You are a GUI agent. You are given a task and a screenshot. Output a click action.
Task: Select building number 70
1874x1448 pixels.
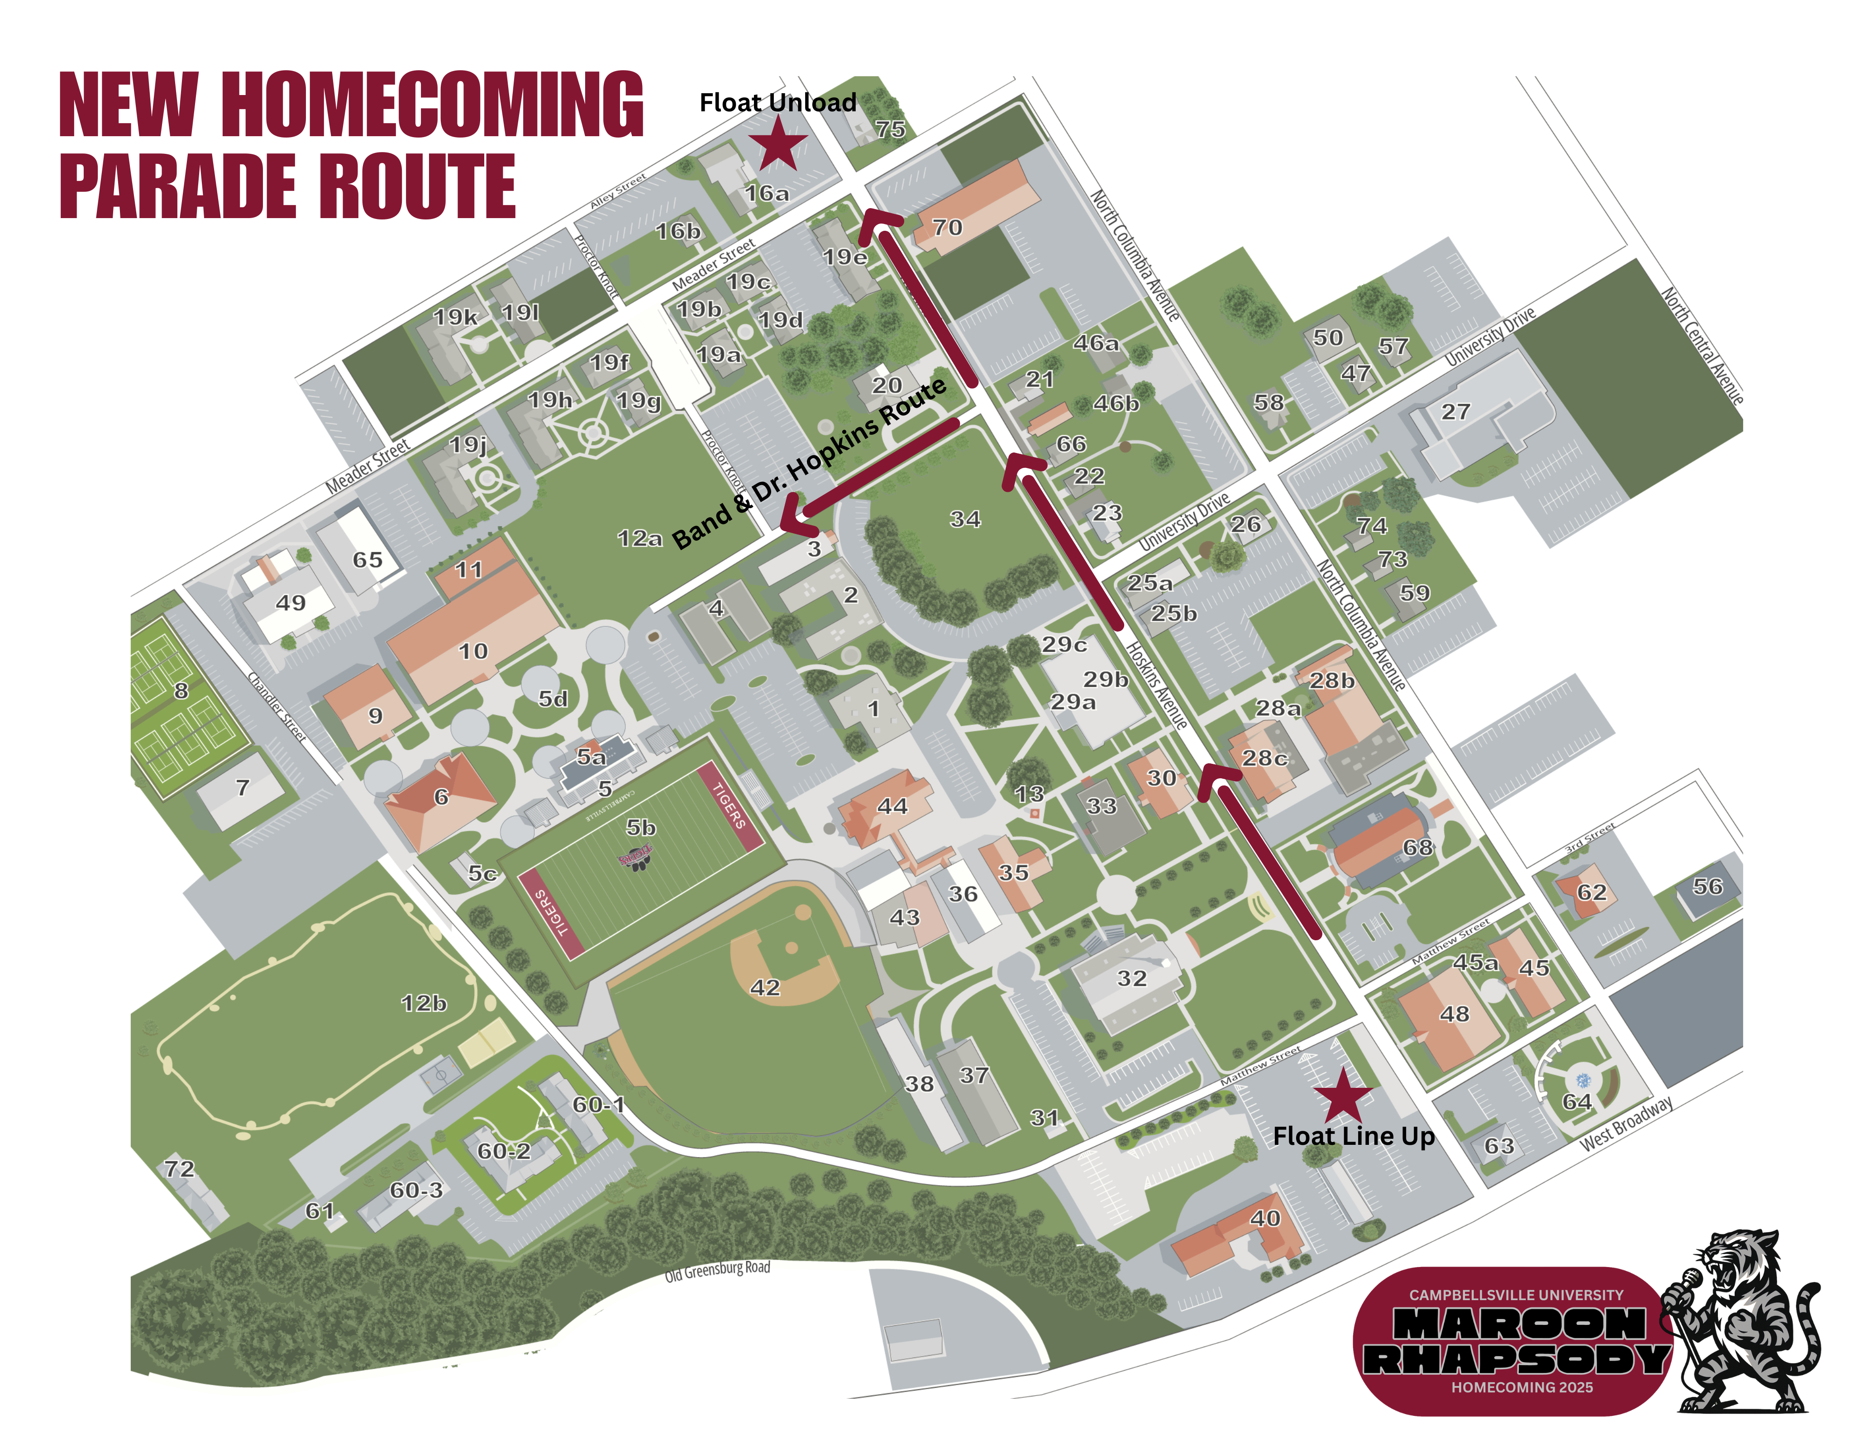coord(947,227)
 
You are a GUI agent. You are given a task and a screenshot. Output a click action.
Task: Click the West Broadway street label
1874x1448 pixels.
coord(1626,1123)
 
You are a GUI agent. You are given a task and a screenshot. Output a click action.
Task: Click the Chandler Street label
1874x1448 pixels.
coord(277,705)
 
